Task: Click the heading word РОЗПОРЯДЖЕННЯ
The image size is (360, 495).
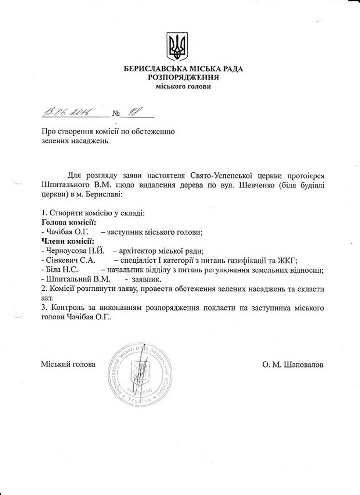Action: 184,77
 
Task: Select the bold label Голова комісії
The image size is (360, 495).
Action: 68,222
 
